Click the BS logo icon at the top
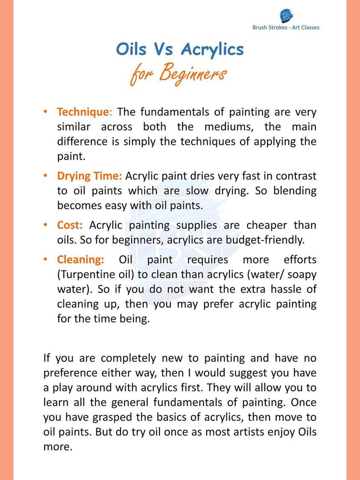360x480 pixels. click(x=286, y=16)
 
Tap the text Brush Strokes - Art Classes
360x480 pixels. click(x=286, y=27)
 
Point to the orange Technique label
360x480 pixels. click(x=83, y=112)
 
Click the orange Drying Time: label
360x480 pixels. click(x=90, y=176)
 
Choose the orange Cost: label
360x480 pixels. click(x=70, y=225)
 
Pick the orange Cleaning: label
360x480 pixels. click(x=81, y=260)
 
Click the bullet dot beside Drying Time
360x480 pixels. click(x=45, y=176)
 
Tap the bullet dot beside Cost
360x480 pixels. click(x=45, y=225)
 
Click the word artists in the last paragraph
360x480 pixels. click(x=246, y=432)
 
